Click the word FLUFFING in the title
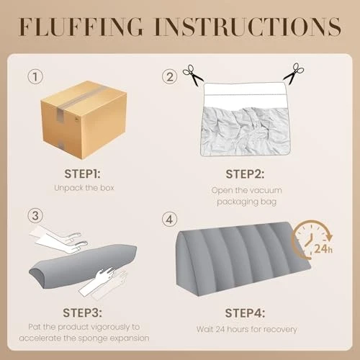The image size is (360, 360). click(81, 27)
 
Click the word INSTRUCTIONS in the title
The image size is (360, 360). click(248, 27)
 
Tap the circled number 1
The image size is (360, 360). click(35, 77)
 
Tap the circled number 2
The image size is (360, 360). click(169, 77)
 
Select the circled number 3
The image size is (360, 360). click(35, 215)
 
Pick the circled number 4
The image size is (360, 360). click(169, 220)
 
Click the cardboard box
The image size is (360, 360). click(84, 120)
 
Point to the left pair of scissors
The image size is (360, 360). click(193, 75)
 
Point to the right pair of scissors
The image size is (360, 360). click(294, 73)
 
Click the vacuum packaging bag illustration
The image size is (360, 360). click(245, 120)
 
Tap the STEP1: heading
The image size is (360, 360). click(82, 174)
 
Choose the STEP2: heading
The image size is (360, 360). click(245, 174)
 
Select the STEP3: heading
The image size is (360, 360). click(82, 312)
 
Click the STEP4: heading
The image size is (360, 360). click(245, 313)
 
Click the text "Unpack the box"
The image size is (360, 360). click(84, 188)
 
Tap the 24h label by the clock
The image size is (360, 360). click(323, 248)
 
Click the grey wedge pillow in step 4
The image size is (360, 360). click(243, 258)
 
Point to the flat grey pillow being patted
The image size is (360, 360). click(83, 266)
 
